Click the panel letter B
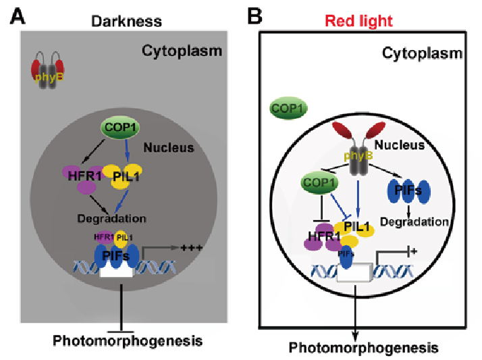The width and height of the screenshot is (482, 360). [x=254, y=16]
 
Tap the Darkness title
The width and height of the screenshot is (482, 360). [x=127, y=21]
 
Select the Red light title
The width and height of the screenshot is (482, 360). [x=358, y=20]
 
